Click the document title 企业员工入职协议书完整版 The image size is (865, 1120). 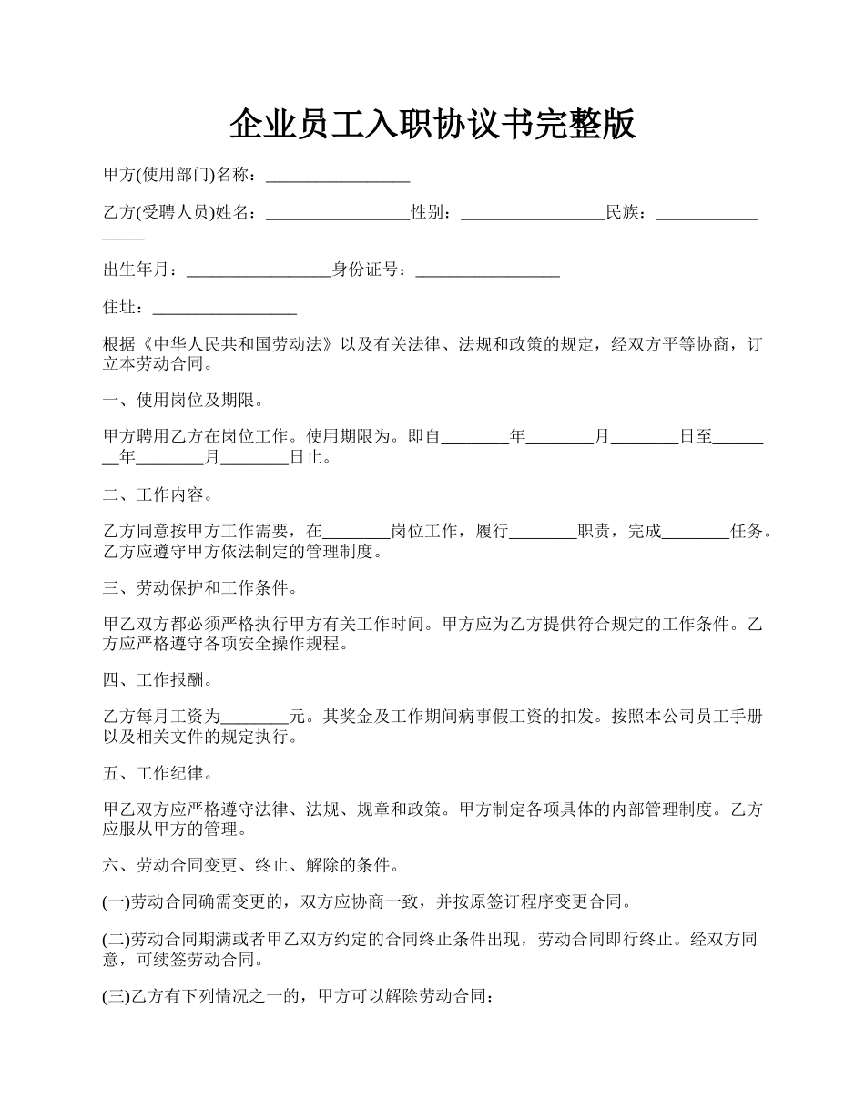coord(432,124)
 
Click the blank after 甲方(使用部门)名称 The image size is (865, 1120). coord(337,175)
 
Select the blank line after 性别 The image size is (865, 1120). coord(533,213)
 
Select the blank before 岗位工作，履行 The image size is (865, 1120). coord(357,532)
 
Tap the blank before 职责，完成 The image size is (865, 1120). coord(543,532)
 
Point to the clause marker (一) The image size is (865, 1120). coord(117,902)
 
